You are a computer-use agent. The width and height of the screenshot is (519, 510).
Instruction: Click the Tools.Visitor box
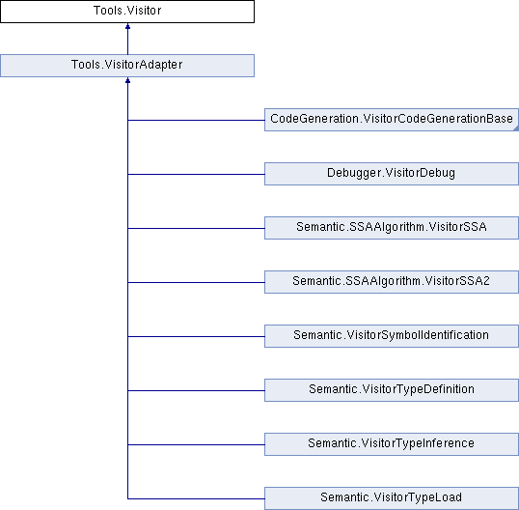pos(127,12)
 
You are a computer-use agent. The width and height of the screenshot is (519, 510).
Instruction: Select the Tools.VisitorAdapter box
pos(127,66)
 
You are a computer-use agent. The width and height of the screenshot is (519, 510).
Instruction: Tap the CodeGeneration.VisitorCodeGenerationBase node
pos(392,120)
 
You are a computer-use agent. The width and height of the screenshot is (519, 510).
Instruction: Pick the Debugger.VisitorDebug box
pos(392,173)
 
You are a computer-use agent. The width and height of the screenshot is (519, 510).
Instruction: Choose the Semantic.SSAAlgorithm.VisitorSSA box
pos(392,228)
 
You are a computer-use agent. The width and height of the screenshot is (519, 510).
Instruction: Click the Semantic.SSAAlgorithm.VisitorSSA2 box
pos(392,282)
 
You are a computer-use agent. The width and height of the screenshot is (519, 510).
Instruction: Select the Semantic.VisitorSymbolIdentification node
pos(392,336)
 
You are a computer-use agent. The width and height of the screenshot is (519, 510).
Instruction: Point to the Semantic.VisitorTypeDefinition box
pos(392,389)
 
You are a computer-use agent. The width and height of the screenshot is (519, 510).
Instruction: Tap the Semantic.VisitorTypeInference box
pos(392,444)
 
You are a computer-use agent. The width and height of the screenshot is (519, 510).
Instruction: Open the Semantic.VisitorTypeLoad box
pos(392,498)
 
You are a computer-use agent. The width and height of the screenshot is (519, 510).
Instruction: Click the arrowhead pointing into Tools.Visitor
pos(127,26)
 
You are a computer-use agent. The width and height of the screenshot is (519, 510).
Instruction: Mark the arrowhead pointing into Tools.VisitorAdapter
pos(127,80)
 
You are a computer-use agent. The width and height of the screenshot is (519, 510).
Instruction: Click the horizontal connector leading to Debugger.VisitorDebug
pos(196,174)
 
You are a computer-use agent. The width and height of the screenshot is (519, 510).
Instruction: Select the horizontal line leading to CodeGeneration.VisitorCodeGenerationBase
pos(196,120)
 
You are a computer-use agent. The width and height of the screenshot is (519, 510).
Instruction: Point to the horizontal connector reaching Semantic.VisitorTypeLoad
pos(196,498)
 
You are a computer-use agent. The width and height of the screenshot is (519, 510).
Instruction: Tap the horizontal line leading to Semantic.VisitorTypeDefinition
pos(196,390)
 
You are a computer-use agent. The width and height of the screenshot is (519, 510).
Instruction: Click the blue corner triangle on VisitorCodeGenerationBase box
pos(516,128)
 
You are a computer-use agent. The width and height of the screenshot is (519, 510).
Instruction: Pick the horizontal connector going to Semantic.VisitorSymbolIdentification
pos(196,336)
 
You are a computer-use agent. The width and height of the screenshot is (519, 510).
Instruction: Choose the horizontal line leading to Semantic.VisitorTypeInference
pos(196,444)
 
